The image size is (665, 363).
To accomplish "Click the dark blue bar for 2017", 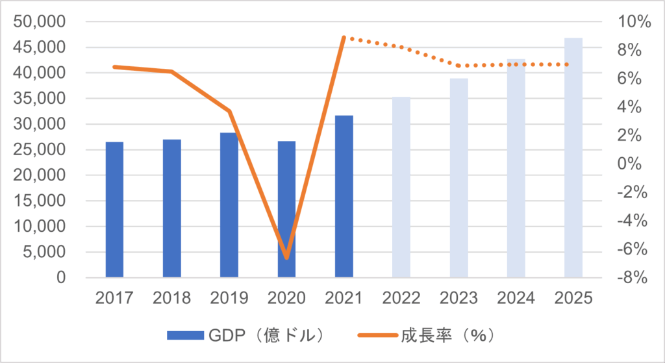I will click(114, 210).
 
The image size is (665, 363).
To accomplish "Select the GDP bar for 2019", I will click(229, 205).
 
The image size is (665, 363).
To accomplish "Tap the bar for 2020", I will click(286, 210).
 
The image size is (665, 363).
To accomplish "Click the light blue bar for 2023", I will click(458, 178).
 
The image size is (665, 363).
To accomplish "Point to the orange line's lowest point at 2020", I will click(286, 258).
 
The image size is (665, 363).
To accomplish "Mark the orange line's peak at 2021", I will click(344, 38).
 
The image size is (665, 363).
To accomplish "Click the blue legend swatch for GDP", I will click(186, 335).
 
